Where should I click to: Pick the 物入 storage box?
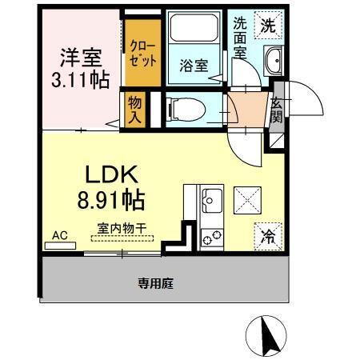click(x=134, y=109)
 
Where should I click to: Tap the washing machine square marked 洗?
click(x=269, y=26)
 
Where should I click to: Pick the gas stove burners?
click(x=212, y=236)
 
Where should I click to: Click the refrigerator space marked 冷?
click(x=267, y=235)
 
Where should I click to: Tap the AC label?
click(x=58, y=235)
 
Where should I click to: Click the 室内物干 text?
click(x=122, y=227)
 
